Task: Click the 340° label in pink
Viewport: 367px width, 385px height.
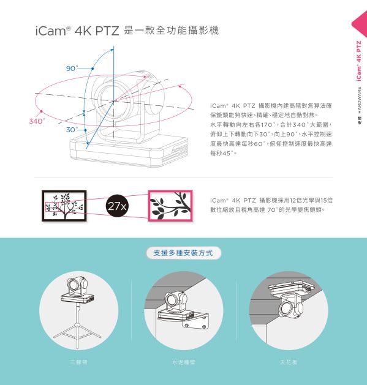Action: pyautogui.click(x=37, y=121)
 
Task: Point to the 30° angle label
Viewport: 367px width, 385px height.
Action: pyautogui.click(x=71, y=130)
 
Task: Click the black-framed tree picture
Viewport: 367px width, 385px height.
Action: pyautogui.click(x=64, y=205)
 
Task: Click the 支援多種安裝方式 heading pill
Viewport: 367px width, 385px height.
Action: pyautogui.click(x=183, y=252)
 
